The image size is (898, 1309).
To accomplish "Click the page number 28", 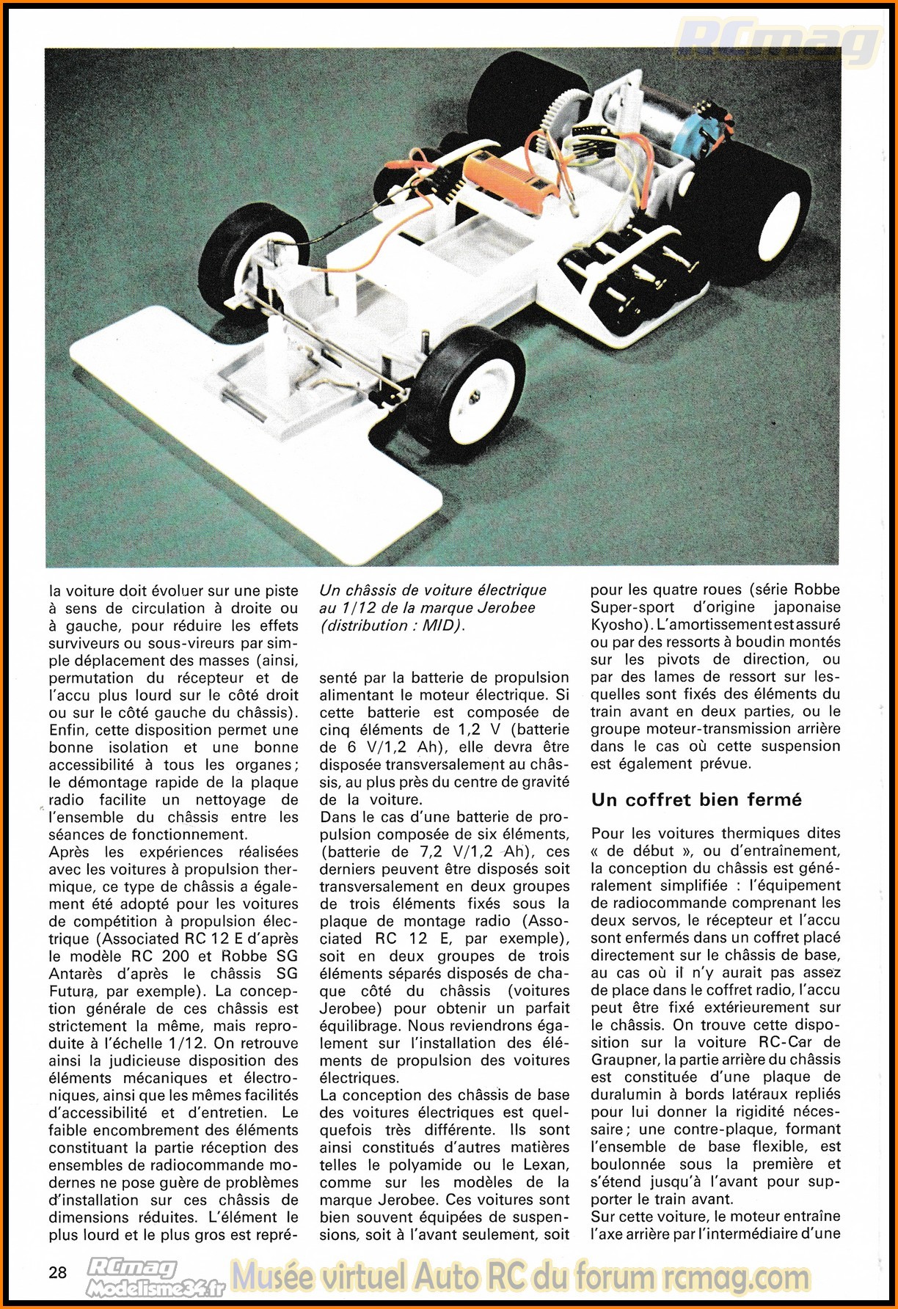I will coord(58,1272).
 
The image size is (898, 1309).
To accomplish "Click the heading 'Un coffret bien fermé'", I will coord(696,799).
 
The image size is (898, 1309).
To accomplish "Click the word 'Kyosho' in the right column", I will coord(619,625).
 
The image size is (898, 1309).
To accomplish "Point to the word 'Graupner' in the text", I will coord(624,1060).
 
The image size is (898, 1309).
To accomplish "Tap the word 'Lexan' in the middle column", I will coord(547,1165).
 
